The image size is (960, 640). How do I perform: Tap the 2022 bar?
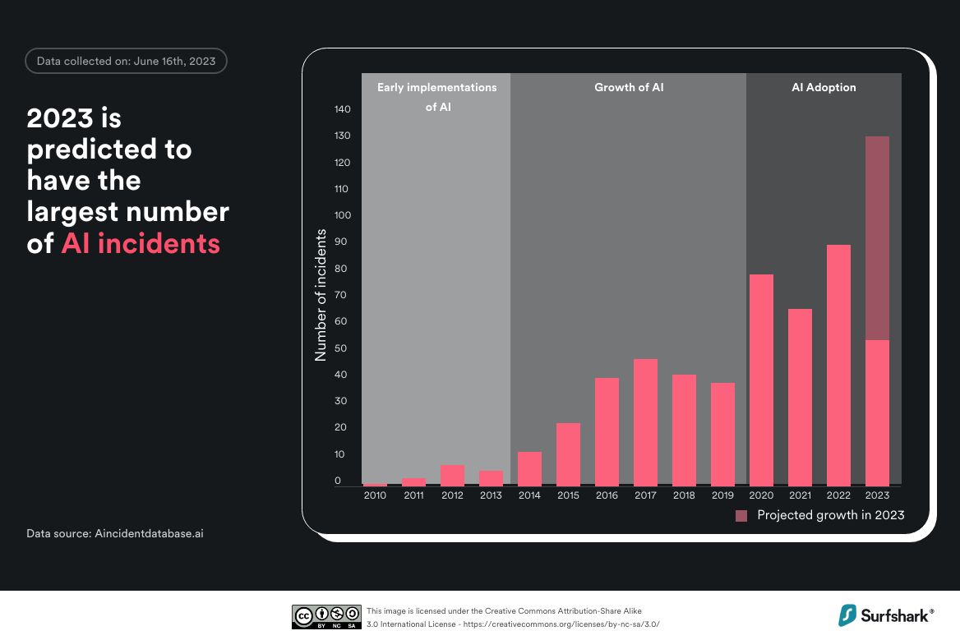coord(838,365)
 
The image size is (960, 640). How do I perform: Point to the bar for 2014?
coord(530,468)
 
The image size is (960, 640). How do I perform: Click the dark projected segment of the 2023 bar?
coord(877,238)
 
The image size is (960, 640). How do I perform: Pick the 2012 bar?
coord(453,475)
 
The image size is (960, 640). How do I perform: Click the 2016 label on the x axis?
coord(607,495)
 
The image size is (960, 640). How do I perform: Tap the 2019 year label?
coord(722,495)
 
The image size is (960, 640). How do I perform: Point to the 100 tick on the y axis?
coord(343,215)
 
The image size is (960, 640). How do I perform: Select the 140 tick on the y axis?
coord(343,109)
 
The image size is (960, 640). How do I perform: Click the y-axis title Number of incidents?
coord(321,295)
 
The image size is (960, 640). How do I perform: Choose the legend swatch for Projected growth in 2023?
coord(741,516)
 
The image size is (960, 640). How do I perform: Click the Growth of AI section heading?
coord(629,87)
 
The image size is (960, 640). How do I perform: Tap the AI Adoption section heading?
coord(823,87)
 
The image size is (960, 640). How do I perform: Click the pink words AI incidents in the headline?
coord(141,243)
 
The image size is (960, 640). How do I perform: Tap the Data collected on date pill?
coord(126,62)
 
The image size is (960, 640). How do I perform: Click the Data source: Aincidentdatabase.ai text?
coord(115,533)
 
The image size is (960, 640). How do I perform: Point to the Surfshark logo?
coord(886,615)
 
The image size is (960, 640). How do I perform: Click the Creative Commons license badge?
coord(326,617)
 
